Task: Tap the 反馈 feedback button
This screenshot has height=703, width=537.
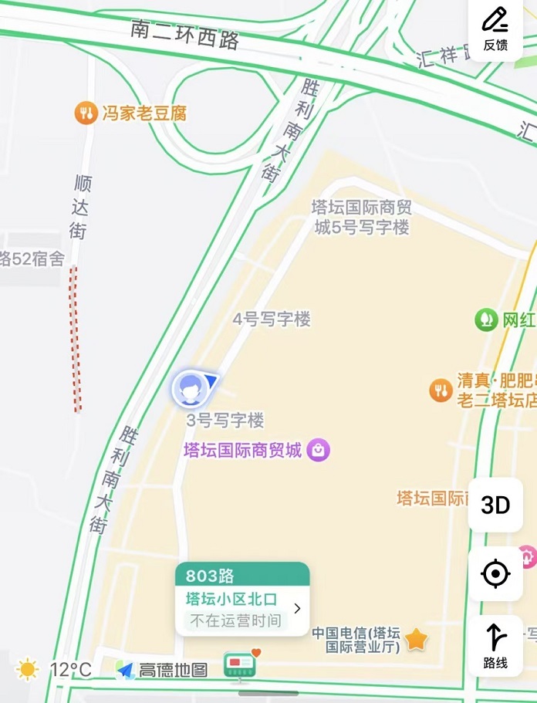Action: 495,28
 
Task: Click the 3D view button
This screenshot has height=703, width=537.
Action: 495,505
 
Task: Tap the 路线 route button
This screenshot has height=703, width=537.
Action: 495,645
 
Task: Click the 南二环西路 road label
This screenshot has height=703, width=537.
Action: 184,34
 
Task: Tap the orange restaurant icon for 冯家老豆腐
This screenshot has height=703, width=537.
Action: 86,113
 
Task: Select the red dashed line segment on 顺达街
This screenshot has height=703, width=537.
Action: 75,340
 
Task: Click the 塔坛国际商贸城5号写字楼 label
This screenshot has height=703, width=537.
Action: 360,217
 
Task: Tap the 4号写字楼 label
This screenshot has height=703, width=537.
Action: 272,319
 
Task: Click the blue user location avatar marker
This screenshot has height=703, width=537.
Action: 188,387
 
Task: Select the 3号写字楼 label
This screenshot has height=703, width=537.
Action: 225,421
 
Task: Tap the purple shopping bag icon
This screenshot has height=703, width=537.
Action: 319,450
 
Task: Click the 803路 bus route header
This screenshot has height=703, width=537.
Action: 210,576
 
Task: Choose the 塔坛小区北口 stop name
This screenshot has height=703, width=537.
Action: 231,600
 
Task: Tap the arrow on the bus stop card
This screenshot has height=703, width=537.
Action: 297,609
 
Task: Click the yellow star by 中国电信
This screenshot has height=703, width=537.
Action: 416,639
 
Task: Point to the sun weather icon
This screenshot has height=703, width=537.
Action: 27,669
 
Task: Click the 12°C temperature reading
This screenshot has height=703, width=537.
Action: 70,669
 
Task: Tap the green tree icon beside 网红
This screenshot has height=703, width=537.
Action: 486,319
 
